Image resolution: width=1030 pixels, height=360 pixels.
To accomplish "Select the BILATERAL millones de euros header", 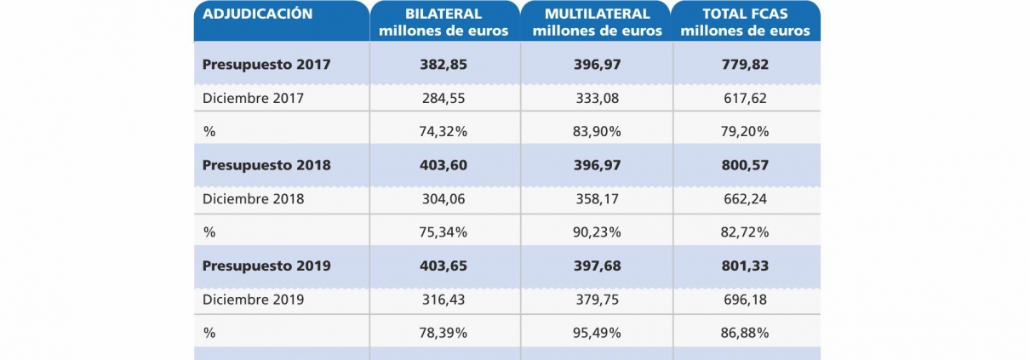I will tap(444, 23).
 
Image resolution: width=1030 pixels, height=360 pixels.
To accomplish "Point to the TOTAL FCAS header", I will tap(746, 23).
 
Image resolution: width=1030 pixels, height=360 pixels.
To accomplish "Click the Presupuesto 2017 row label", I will tap(266, 64).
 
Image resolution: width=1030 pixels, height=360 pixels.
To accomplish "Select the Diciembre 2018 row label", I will tap(253, 199).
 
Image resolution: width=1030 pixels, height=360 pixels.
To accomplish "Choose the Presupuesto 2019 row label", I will tap(266, 266).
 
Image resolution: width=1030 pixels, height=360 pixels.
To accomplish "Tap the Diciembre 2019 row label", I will tap(253, 300).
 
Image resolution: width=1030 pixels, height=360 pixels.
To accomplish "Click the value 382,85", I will tap(444, 64).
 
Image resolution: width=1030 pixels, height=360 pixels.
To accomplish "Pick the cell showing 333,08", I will tap(597, 98).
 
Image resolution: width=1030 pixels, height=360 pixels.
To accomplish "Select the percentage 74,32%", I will tap(444, 131).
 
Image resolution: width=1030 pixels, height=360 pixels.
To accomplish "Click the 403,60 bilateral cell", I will tap(444, 165).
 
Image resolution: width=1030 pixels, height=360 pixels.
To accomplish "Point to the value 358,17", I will tap(597, 199).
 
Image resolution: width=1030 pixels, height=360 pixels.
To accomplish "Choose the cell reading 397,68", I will tap(597, 266).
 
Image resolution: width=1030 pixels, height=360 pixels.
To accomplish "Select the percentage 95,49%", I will tap(597, 333).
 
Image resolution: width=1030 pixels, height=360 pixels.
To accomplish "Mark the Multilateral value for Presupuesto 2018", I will tap(597, 165).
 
